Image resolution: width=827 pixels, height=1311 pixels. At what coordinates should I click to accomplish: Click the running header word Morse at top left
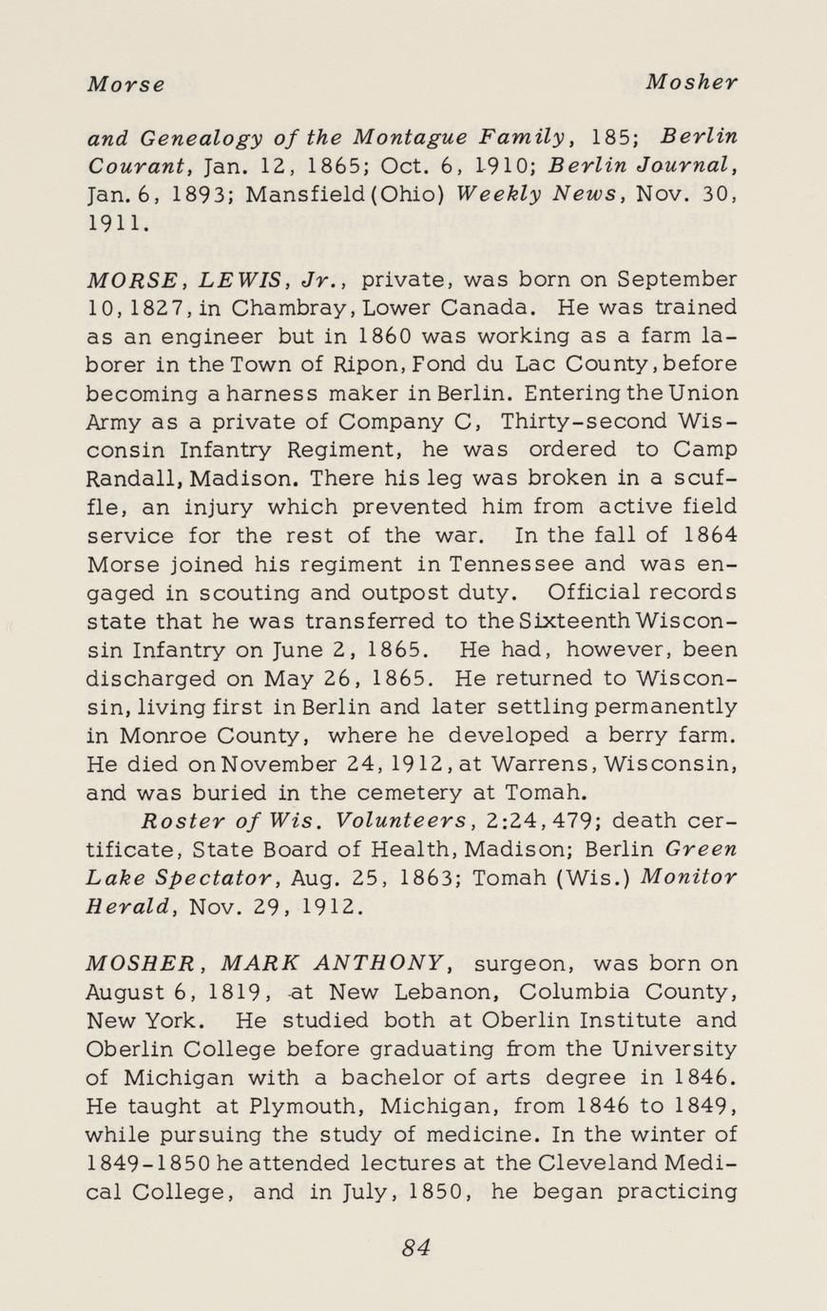(125, 84)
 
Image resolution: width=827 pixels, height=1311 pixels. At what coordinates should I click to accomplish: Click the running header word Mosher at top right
(691, 83)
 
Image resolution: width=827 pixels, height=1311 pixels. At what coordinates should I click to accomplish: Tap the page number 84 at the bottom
(415, 1247)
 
